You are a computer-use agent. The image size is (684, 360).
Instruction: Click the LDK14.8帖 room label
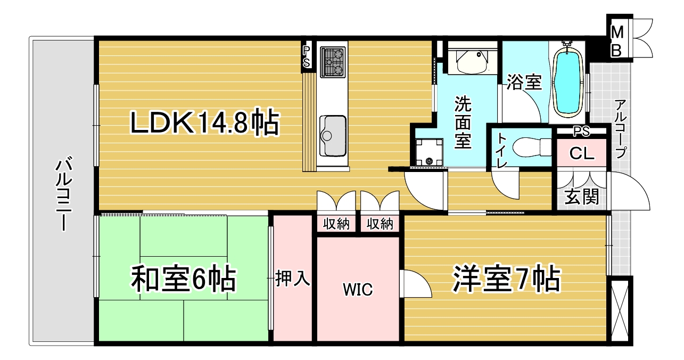205,123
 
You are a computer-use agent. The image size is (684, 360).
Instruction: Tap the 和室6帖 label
184,279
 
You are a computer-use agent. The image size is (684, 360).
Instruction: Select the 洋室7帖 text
507,279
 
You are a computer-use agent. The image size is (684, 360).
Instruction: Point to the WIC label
358,290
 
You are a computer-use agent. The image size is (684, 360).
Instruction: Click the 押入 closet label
293,278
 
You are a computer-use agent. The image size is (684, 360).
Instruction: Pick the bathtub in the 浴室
567,81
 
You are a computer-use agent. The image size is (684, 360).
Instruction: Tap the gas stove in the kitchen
333,62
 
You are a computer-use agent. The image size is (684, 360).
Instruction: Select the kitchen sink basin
333,135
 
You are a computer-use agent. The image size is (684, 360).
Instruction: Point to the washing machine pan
430,152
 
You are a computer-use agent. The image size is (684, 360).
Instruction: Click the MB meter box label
617,41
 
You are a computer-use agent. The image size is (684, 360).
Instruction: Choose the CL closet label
582,154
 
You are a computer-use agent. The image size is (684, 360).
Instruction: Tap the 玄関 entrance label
581,197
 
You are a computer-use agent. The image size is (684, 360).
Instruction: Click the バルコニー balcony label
64,194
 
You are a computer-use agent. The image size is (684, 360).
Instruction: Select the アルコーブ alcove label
621,129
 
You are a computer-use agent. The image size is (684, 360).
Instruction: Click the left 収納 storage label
336,224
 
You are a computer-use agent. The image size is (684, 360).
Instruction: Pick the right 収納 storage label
380,224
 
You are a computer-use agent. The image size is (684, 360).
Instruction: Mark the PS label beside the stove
306,56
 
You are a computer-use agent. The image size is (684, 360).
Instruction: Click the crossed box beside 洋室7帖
620,310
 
